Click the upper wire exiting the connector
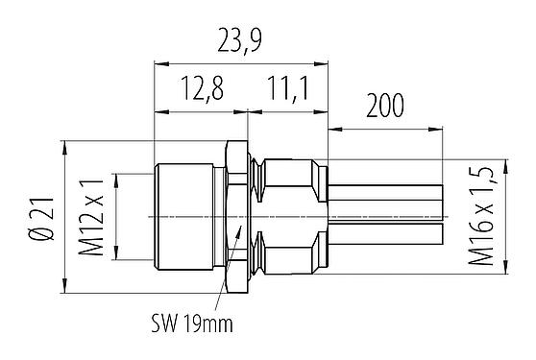[x=384, y=198]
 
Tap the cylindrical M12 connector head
[x=187, y=216]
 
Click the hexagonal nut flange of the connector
[x=235, y=216]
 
